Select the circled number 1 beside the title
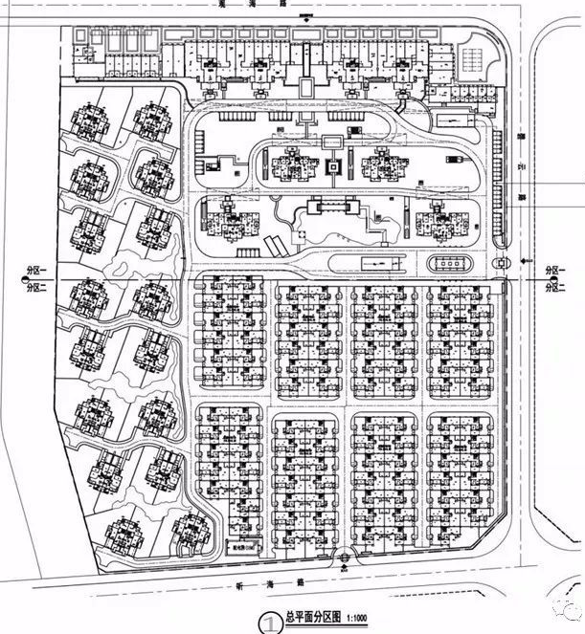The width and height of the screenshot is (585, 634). [269, 621]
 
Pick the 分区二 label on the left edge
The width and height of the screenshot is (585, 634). [38, 286]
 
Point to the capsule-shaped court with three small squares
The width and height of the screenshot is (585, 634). [451, 263]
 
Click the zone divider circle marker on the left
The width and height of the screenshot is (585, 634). [23, 279]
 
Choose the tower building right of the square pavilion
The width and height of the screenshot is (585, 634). [384, 167]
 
